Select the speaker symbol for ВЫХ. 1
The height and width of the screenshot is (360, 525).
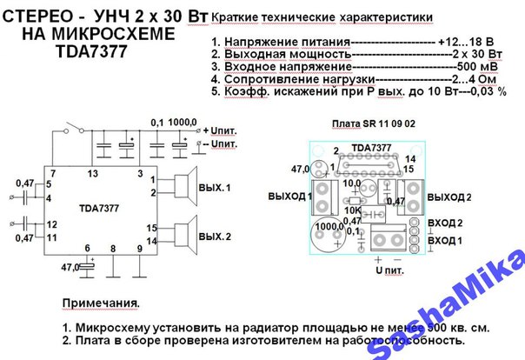pyautogui.click(x=183, y=187)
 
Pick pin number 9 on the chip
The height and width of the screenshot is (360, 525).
pyautogui.click(x=139, y=248)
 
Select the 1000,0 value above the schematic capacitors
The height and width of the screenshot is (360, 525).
pyautogui.click(x=183, y=123)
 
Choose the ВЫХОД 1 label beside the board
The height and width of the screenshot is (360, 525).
pyautogui.click(x=290, y=197)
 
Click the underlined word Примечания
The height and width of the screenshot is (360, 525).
pyautogui.click(x=100, y=304)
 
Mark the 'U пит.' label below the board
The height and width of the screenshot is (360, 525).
pyautogui.click(x=389, y=270)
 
